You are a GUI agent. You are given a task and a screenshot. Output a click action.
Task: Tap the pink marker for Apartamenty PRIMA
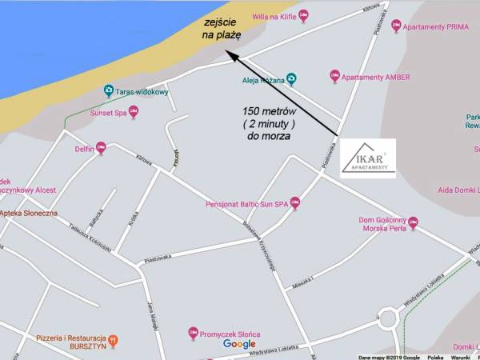(396, 26)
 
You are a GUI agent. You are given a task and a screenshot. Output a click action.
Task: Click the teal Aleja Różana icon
(292, 79)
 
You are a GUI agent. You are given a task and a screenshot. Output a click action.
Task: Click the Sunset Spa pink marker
(134, 113)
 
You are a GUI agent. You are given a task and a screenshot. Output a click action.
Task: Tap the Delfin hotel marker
(101, 148)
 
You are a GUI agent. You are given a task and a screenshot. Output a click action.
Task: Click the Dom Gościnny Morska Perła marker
(413, 223)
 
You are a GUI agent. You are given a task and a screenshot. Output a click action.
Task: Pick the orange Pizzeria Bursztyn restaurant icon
(113, 341)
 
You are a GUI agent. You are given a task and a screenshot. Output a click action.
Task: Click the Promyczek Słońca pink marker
(193, 332)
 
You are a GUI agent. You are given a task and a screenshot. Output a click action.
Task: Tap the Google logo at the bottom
(239, 344)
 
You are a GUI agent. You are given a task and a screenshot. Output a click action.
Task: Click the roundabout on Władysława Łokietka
(389, 319)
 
